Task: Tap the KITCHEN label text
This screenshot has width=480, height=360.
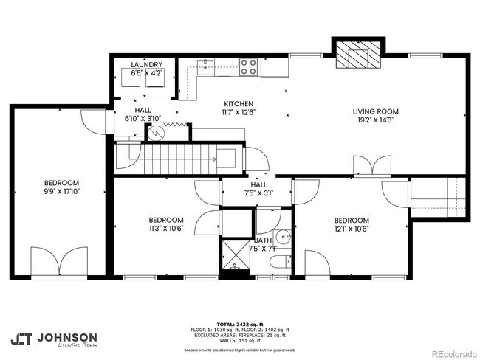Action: point(239,104)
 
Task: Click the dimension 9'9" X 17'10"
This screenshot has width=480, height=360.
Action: point(61,190)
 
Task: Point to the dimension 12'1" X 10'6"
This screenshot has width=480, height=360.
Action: point(351,228)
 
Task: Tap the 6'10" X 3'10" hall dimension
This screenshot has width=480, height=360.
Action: point(143,118)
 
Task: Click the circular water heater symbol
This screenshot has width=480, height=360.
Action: point(156,134)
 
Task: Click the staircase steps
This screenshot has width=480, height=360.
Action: point(175,159)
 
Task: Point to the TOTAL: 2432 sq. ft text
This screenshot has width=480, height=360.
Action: point(239,324)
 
